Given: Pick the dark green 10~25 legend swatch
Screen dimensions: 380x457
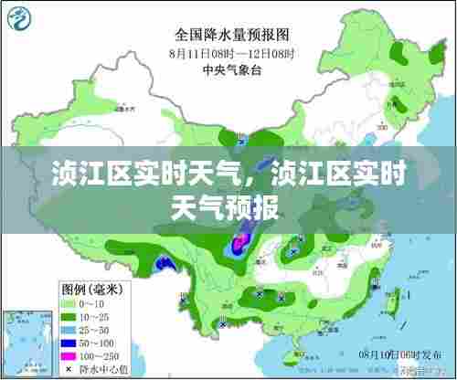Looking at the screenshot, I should (71, 315).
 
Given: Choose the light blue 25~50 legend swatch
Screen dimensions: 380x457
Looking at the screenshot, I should (71, 329).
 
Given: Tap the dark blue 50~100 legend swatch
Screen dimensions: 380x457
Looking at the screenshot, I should (71, 343).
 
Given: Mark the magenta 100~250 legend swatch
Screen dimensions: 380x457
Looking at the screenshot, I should (71, 356).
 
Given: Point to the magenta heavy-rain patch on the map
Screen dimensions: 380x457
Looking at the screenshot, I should (239, 242).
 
